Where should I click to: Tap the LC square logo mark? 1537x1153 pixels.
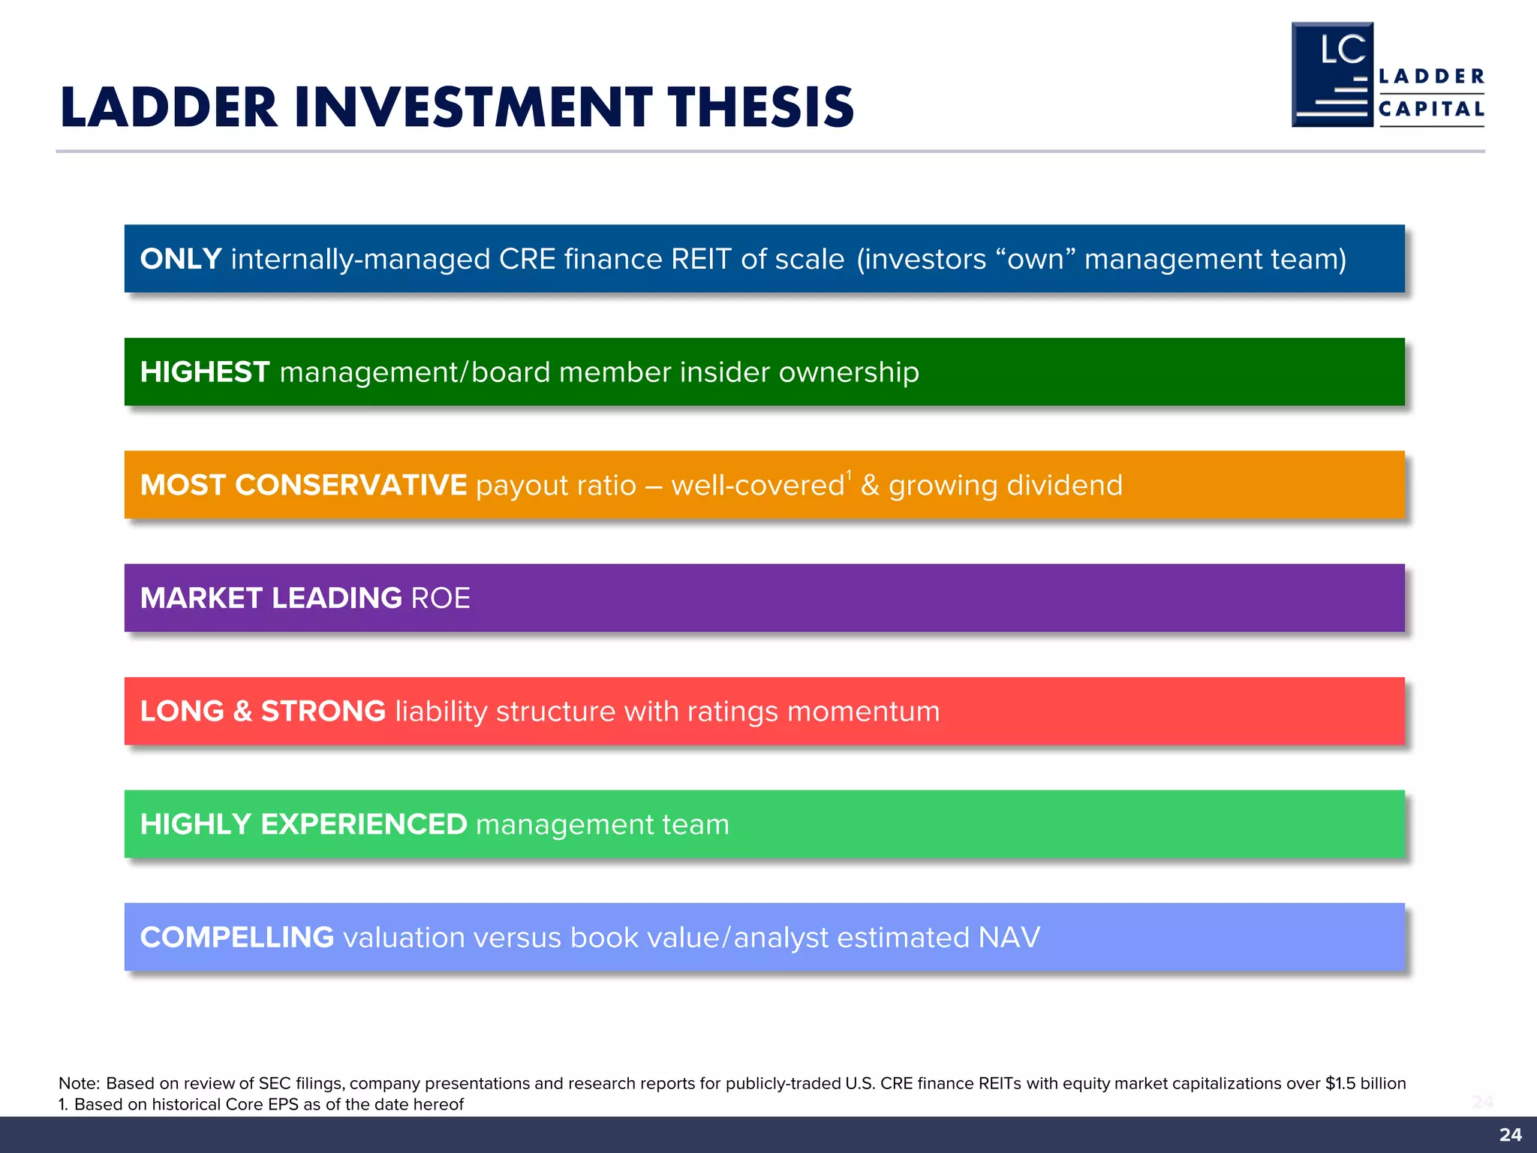(1332, 75)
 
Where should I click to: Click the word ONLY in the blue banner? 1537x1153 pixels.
(180, 259)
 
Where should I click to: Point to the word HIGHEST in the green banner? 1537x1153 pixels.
(204, 372)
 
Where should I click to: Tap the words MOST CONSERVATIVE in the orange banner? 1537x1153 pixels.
(303, 485)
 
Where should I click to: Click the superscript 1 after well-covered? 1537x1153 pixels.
(849, 475)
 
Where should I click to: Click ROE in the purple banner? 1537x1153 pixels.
(441, 598)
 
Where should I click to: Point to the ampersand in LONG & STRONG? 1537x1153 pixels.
(242, 712)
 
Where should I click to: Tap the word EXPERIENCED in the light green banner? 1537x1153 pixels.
(363, 824)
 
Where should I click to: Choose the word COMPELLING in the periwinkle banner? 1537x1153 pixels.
(236, 938)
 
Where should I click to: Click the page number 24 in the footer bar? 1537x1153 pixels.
(1510, 1134)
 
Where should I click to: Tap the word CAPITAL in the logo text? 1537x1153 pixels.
(1431, 110)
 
